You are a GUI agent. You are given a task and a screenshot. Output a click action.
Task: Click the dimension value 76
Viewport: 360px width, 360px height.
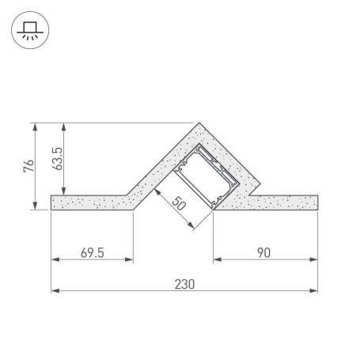tap(28, 166)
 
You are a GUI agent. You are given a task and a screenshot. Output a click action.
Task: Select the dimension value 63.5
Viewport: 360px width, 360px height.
tap(58, 158)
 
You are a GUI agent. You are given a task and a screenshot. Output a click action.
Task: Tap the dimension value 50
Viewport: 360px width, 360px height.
tap(179, 203)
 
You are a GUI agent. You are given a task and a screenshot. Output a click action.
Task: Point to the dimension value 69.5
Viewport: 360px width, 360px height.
tap(93, 252)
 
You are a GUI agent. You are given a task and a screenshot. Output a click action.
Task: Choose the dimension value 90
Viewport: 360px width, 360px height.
tap(263, 252)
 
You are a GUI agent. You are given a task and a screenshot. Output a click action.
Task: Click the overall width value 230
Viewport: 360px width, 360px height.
tap(184, 284)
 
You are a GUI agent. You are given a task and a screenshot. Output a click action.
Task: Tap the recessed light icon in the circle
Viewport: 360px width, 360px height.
tap(30, 30)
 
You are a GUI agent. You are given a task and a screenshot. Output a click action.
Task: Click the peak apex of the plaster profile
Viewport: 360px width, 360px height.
tap(199, 123)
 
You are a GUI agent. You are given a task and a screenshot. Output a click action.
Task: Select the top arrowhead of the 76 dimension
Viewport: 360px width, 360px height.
tap(35, 127)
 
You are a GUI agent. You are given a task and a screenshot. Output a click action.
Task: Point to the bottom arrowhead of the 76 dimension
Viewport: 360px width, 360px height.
tap(35, 206)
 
